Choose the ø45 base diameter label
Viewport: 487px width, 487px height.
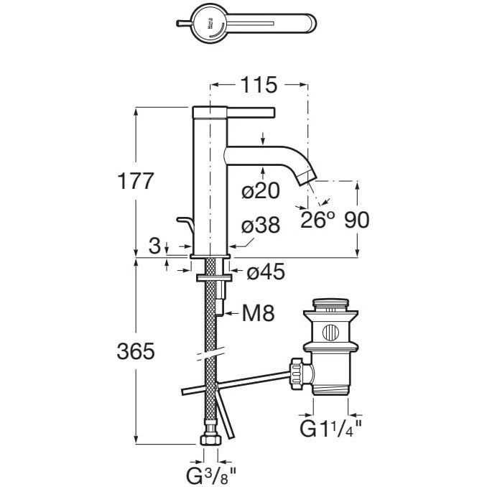pyautogui.click(x=265, y=272)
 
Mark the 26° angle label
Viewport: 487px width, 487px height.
pyautogui.click(x=318, y=221)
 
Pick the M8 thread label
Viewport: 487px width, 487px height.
pyautogui.click(x=257, y=314)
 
